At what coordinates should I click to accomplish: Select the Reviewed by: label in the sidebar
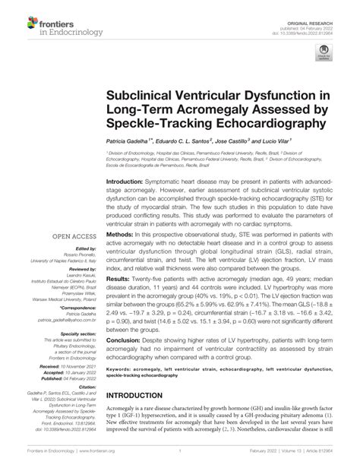[74, 268]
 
